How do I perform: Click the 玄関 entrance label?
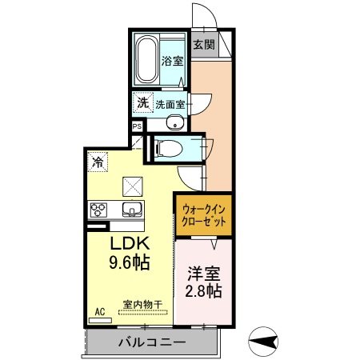pyautogui.click(x=203, y=45)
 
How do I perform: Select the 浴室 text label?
pyautogui.click(x=172, y=60)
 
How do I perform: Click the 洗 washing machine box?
pyautogui.click(x=142, y=102)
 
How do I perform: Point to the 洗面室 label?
pyautogui.click(x=170, y=103)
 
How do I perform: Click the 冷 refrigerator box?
pyautogui.click(x=97, y=160)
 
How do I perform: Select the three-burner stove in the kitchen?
pyautogui.click(x=98, y=210)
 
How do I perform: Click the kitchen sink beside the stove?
pyautogui.click(x=131, y=210)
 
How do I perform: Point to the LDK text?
pyautogui.click(x=126, y=242)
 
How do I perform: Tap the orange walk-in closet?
pyautogui.click(x=203, y=214)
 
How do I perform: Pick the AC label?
pyautogui.click(x=100, y=310)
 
